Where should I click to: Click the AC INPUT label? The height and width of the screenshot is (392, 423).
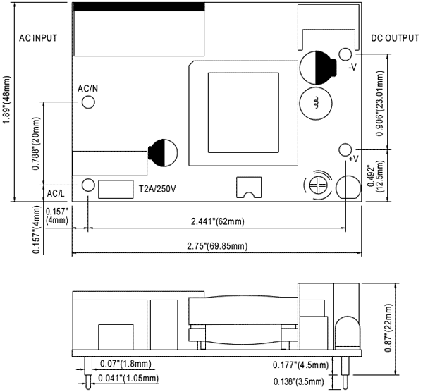(37, 37)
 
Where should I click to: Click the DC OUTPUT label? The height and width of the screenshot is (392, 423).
(395, 37)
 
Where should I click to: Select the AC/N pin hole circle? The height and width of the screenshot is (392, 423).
(88, 102)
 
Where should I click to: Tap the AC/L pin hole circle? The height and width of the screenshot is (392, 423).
(88, 185)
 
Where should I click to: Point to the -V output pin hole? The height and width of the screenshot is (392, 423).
(345, 54)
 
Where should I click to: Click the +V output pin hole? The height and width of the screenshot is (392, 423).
(345, 149)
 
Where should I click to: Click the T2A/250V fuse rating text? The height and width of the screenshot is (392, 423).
(157, 189)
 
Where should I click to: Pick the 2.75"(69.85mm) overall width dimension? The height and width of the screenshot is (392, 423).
(217, 246)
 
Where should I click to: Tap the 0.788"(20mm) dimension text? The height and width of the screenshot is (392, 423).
(36, 144)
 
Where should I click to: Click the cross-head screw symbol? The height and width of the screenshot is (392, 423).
(317, 185)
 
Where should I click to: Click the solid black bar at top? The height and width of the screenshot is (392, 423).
(139, 6)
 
